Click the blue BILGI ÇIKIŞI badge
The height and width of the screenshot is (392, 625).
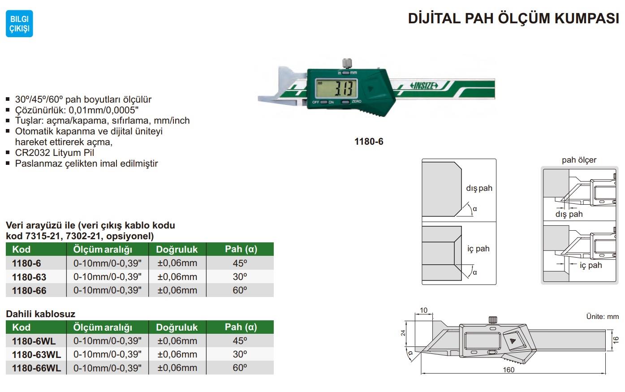click(x=19, y=24)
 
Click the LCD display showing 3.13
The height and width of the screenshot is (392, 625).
click(x=336, y=88)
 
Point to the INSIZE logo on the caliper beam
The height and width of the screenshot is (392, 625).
click(x=424, y=86)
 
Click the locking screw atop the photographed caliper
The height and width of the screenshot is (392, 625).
click(x=347, y=63)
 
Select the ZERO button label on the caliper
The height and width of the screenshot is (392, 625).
click(x=357, y=101)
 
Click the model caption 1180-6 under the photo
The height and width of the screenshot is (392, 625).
click(x=369, y=142)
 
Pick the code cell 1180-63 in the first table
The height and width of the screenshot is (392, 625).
click(x=29, y=277)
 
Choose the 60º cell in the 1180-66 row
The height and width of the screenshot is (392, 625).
click(x=240, y=290)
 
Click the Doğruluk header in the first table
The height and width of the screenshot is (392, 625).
click(x=177, y=249)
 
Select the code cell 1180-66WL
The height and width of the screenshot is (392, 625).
click(x=37, y=368)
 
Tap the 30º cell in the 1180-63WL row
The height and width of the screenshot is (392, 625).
click(x=240, y=354)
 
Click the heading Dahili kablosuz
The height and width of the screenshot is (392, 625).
click(x=40, y=314)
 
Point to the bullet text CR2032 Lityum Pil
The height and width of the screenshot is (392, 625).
click(x=55, y=153)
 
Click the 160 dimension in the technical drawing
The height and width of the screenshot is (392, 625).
click(x=509, y=370)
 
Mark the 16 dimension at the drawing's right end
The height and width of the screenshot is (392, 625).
click(x=616, y=340)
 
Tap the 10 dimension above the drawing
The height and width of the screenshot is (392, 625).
click(x=423, y=310)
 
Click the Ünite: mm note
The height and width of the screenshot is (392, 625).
click(x=603, y=317)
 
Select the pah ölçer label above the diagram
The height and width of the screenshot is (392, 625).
click(x=579, y=160)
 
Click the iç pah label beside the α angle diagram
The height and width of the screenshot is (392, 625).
click(x=478, y=249)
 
